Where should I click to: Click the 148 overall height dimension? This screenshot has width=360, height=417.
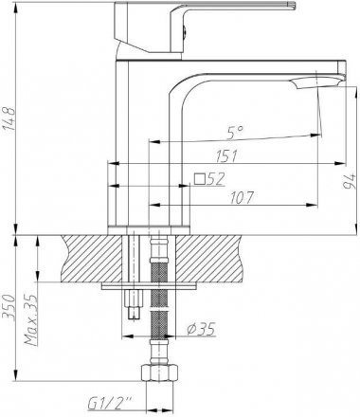coord(9,118)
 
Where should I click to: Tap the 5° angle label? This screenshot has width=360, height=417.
coord(235,133)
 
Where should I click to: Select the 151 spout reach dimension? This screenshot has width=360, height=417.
coord(226,156)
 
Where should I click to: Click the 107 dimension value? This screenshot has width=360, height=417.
coord(242,198)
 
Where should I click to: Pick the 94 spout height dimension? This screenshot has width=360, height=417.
coord(350,181)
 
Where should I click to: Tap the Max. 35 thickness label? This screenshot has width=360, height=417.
coord(31,319)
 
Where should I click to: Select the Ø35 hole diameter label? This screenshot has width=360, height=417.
coord(201,329)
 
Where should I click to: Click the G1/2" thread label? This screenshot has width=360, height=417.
coord(110,404)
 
